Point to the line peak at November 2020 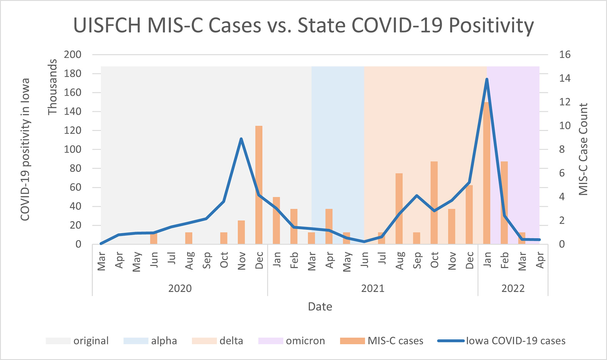point(241,139)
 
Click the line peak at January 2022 point(487,79)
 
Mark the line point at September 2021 point(417,196)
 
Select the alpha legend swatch point(136,341)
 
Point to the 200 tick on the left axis point(73,55)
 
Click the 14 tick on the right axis point(565,78)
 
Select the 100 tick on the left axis point(73,150)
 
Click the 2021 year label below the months point(373,288)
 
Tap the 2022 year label point(513,288)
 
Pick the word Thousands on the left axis point(53,87)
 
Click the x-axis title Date point(320,307)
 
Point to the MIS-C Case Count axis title point(583,149)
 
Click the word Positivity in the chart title point(491,25)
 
